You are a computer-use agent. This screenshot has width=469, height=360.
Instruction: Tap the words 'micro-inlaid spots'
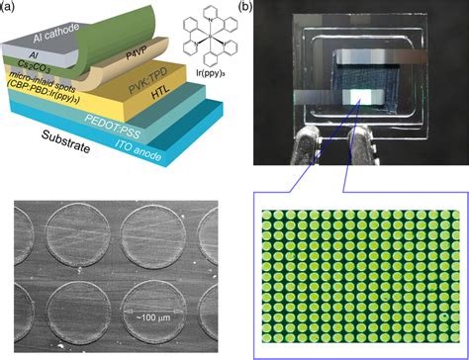(x=41, y=102)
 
